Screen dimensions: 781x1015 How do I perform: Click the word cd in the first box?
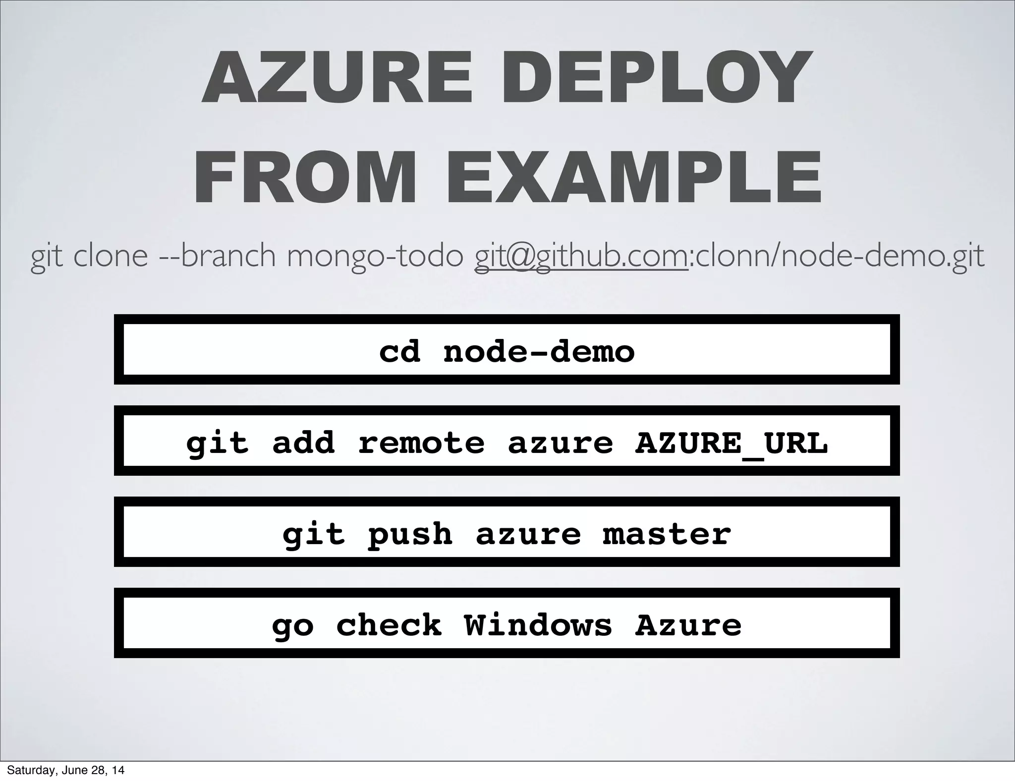pyautogui.click(x=399, y=352)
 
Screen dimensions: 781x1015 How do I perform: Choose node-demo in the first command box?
pyautogui.click(x=539, y=352)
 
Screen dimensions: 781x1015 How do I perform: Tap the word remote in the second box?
pyautogui.click(x=421, y=443)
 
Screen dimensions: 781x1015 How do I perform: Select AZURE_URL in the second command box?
pyautogui.click(x=731, y=443)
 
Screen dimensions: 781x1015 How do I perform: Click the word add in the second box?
pyautogui.click(x=303, y=443)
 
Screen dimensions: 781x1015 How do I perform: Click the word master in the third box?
pyautogui.click(x=667, y=534)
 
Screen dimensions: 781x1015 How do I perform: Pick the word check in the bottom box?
pyautogui.click(x=389, y=625)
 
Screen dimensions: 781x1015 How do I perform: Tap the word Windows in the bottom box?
pyautogui.click(x=538, y=625)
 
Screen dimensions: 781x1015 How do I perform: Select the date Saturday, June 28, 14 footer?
pyautogui.click(x=65, y=771)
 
